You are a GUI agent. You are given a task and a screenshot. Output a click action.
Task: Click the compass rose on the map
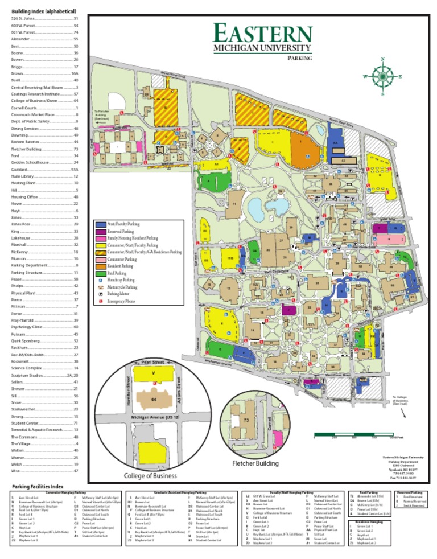point(382,76)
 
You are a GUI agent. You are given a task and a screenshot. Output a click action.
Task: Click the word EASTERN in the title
point(263,32)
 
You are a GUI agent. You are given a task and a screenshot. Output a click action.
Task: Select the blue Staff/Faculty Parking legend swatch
point(101,224)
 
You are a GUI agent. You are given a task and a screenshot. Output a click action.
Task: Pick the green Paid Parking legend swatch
point(101,273)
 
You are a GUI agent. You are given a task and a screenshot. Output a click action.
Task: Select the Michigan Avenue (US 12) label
point(155,418)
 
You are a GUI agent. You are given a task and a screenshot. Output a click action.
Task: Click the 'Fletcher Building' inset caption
point(255,464)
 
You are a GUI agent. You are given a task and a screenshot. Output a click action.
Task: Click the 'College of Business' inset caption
point(150,475)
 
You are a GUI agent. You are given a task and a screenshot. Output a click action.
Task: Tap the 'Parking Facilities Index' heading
point(37,486)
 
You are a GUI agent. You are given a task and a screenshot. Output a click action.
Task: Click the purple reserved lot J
point(289,310)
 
